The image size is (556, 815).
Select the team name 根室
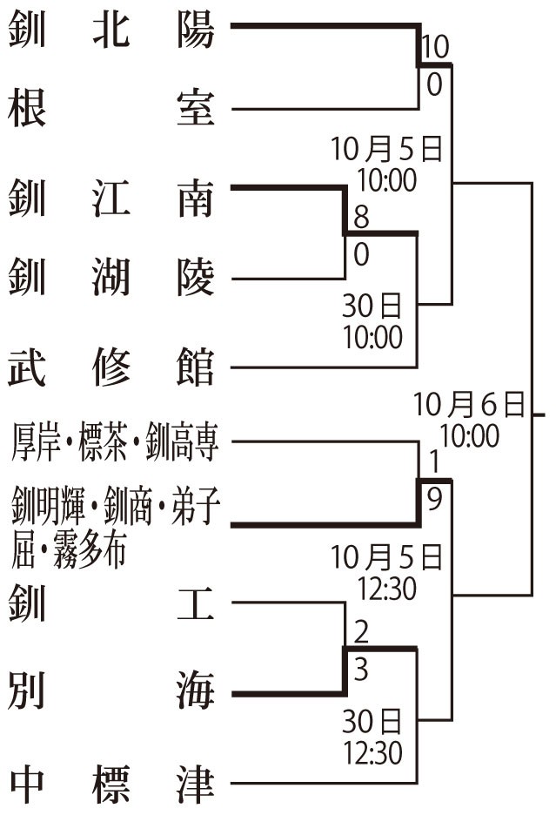(111, 111)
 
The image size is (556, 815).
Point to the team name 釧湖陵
(111, 280)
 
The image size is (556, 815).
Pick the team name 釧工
(111, 604)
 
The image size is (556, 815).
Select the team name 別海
(111, 695)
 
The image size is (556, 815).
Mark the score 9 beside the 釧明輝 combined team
(433, 498)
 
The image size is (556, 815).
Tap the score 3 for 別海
(361, 669)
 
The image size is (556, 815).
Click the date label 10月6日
(470, 404)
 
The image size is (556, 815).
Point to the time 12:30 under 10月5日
(386, 589)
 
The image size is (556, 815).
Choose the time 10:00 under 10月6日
(470, 434)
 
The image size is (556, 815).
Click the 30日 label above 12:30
(372, 722)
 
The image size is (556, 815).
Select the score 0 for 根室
(433, 85)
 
